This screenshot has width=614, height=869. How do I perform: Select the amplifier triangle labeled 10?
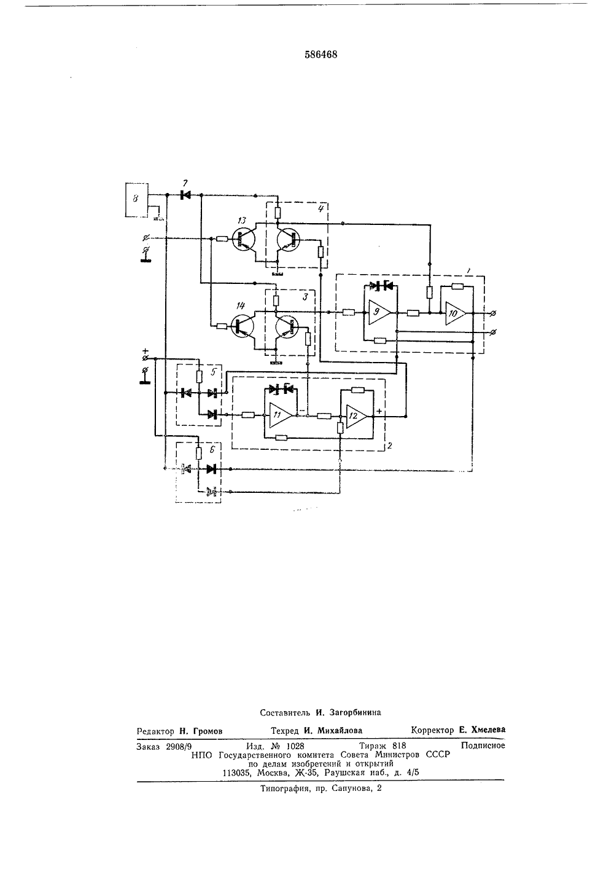[454, 312]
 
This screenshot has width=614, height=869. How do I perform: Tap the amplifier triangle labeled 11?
[279, 415]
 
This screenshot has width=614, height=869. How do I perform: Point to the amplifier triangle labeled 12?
[355, 416]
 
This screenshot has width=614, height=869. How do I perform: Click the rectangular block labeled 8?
[136, 200]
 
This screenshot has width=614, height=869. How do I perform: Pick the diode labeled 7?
[185, 195]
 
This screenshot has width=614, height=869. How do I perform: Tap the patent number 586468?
[321, 55]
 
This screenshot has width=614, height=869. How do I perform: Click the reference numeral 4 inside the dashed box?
[320, 209]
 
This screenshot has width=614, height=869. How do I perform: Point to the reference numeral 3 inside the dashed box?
[305, 297]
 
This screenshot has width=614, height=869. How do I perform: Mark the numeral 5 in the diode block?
[213, 372]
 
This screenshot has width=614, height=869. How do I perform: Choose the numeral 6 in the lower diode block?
[212, 450]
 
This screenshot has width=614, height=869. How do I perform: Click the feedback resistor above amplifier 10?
[457, 286]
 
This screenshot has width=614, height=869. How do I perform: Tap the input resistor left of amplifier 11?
[247, 415]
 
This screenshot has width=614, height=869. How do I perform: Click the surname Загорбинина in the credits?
[355, 712]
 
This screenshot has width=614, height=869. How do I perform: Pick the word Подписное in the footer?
[483, 745]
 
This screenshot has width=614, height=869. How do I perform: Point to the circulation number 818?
[399, 745]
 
